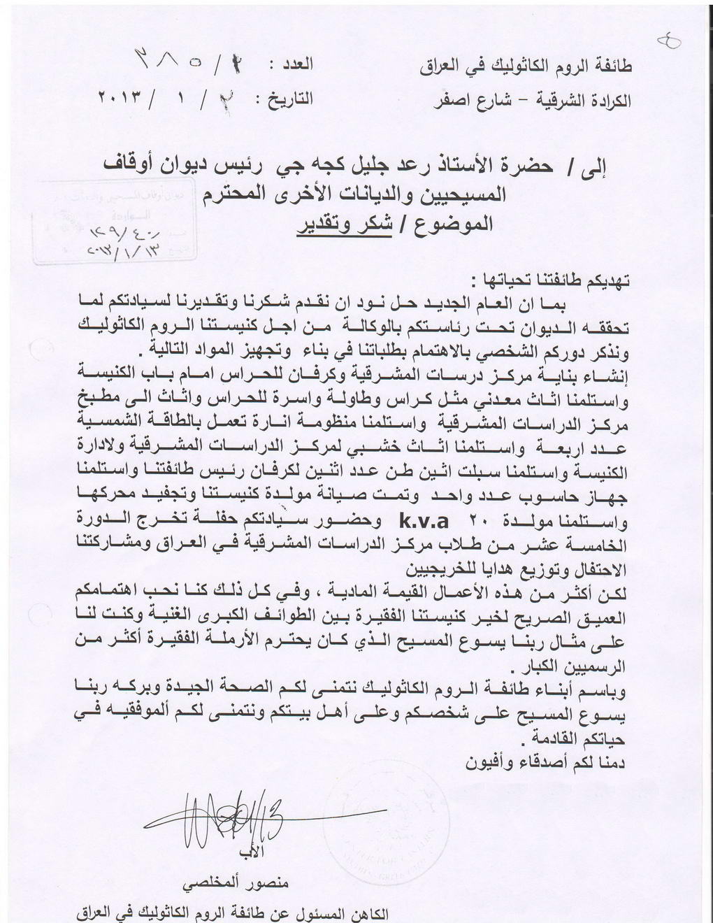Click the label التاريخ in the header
[286, 99]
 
